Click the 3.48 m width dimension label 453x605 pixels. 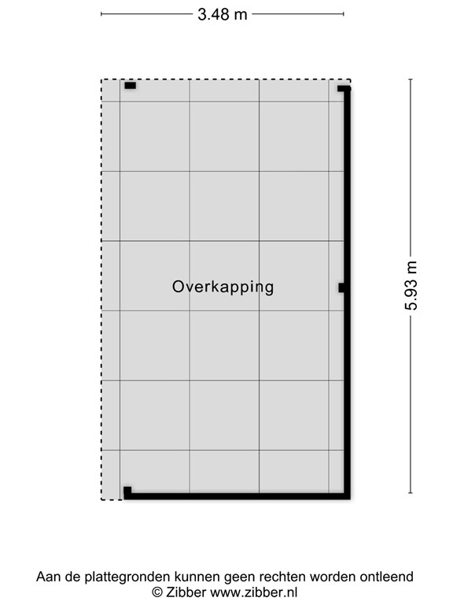coord(223,13)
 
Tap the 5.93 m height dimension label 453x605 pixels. coord(411,285)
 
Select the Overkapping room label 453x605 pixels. coord(223,287)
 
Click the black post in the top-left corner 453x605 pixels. coord(130,85)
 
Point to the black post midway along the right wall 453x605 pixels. coord(341,288)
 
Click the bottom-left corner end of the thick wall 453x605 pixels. coord(127,492)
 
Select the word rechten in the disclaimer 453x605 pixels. coord(289,577)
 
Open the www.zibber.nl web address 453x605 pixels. coord(254,592)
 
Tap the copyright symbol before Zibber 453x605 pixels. coord(157,592)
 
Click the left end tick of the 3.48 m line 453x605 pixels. coord(102,13)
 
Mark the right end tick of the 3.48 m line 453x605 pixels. coord(344,13)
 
